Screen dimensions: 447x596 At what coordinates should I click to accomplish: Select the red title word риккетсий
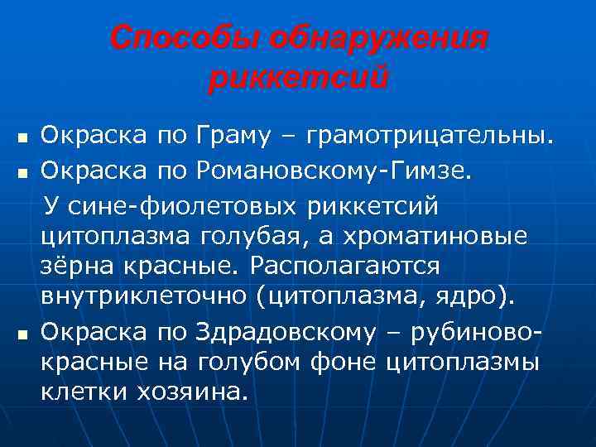point(298,79)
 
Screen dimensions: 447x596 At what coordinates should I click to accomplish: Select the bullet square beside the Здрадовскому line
point(22,331)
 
